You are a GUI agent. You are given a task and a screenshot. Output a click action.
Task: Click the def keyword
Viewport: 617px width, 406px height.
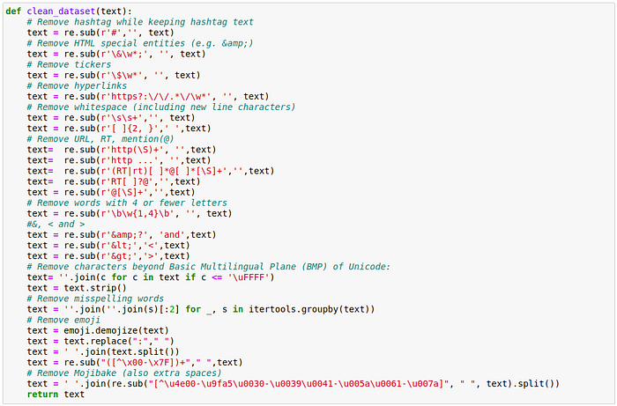[13, 11]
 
